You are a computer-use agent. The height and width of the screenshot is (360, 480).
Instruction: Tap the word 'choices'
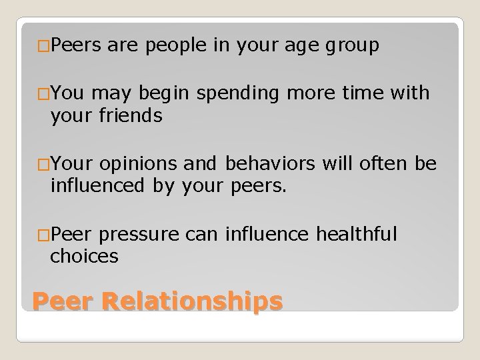[84, 255]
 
